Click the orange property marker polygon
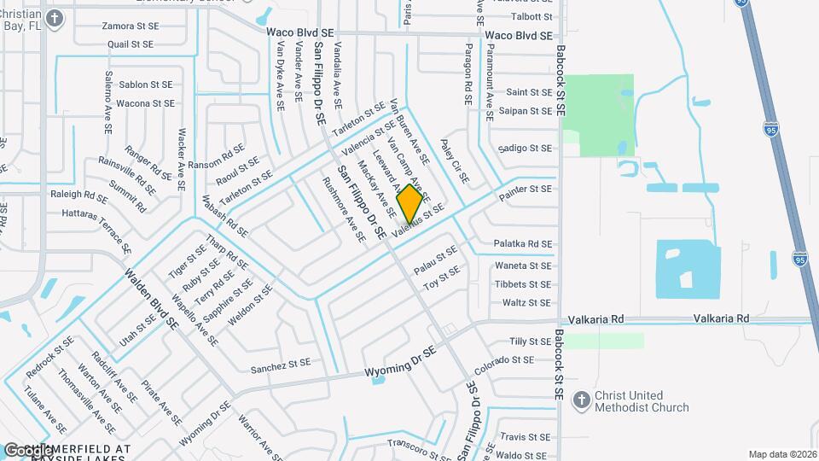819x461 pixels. [x=409, y=205]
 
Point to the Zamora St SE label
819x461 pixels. [x=129, y=26]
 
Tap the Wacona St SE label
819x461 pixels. [x=145, y=103]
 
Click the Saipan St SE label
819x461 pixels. [x=529, y=111]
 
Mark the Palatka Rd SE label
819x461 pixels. [x=524, y=244]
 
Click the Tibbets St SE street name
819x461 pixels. [x=523, y=284]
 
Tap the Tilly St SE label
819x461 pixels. [x=530, y=341]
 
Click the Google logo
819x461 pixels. [x=27, y=451]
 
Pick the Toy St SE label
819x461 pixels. [x=442, y=277]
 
